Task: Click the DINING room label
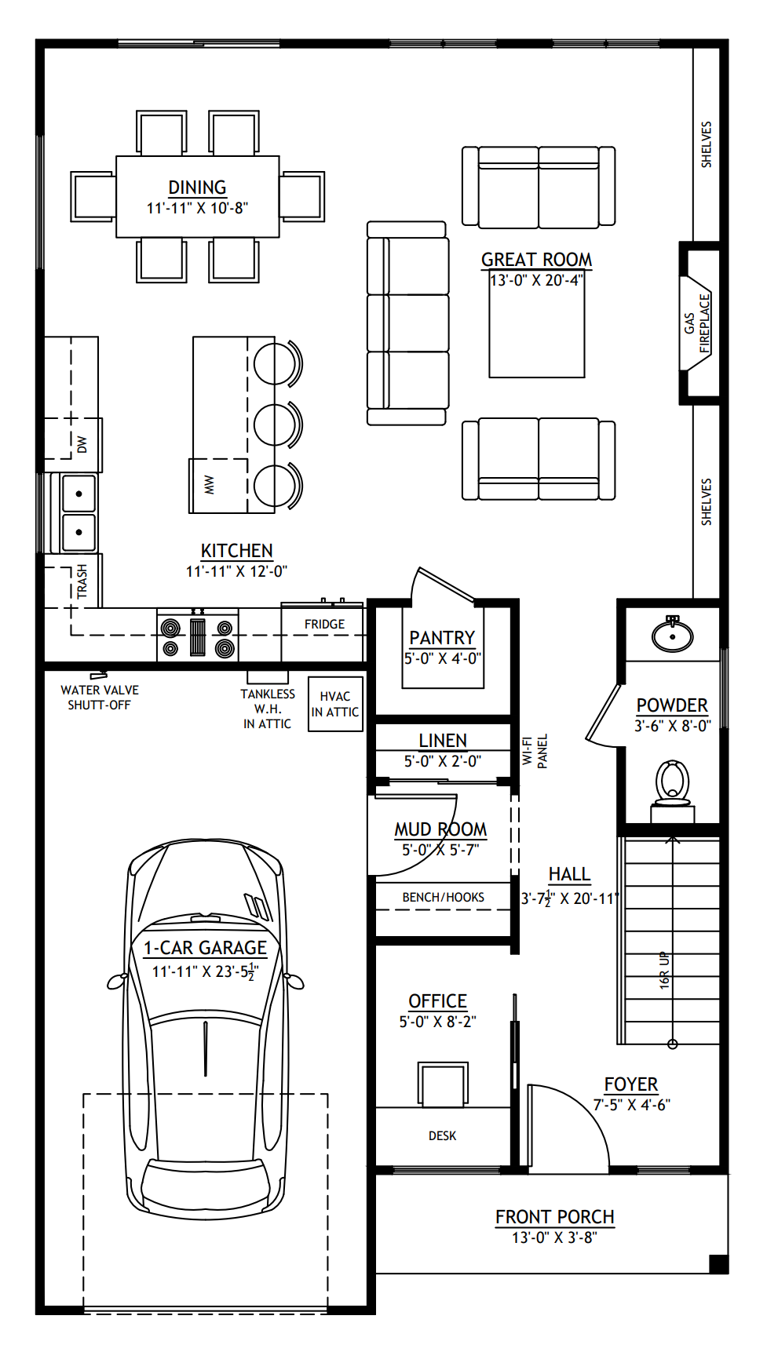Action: coord(197,188)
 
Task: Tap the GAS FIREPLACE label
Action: coord(697,323)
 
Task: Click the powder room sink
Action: coord(673,635)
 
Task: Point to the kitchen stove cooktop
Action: coord(198,636)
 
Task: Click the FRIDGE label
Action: coord(324,624)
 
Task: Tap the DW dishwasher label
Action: coord(82,445)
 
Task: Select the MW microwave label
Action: coord(209,485)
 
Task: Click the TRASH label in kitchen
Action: coord(82,581)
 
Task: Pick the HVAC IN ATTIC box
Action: coord(335,704)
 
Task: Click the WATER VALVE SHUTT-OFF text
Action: coord(100,698)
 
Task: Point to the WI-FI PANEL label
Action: coord(535,751)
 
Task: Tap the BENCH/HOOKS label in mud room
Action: coord(443,897)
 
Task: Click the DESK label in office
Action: coord(442,1135)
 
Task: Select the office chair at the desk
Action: coord(443,1084)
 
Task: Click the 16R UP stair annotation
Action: coord(664,970)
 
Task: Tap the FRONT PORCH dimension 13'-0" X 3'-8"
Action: coord(554,1237)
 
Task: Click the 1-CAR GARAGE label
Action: coord(205,948)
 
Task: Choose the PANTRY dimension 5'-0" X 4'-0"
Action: coord(442,658)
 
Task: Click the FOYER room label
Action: coord(630,1084)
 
